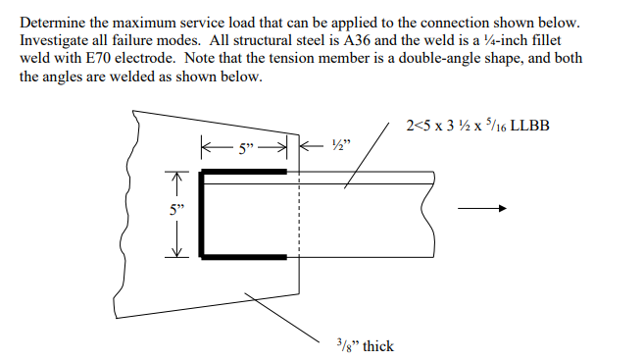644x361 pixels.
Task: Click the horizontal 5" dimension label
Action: [244, 150]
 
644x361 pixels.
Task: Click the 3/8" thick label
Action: [362, 345]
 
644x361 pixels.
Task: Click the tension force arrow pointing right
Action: [487, 208]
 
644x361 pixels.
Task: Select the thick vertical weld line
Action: [203, 214]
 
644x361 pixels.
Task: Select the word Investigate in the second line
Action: [58, 39]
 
